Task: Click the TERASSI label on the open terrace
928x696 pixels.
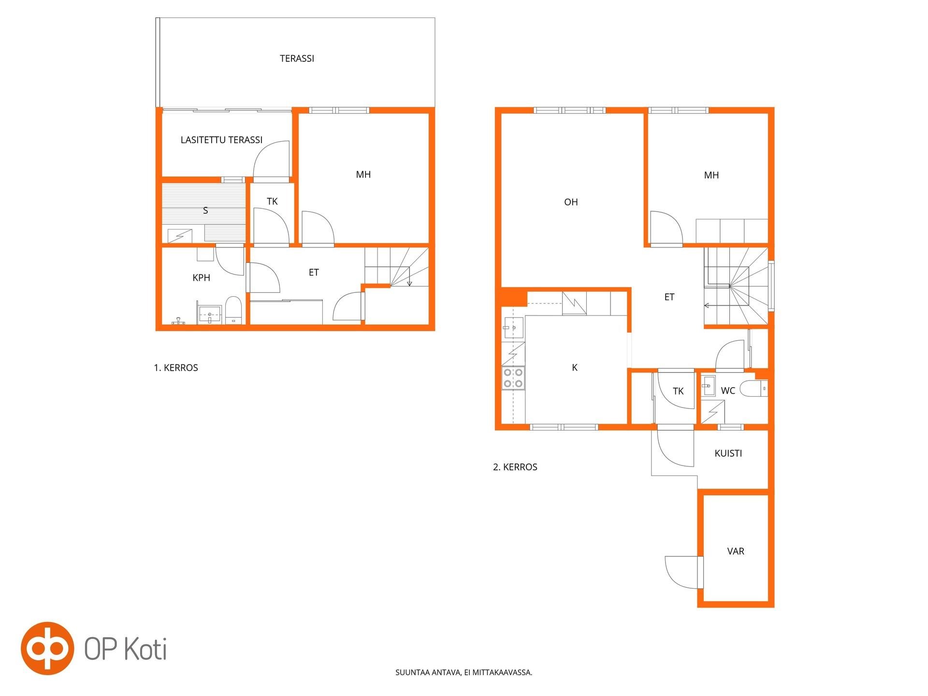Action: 297,58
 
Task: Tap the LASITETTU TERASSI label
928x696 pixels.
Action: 221,140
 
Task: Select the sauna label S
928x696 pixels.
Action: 205,211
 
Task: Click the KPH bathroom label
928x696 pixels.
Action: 201,278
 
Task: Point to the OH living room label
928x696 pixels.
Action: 571,202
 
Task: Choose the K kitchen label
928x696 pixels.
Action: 575,368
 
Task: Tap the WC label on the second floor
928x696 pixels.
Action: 728,391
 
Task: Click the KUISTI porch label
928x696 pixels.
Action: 728,453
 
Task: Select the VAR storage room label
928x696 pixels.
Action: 736,551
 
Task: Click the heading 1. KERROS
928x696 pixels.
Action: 176,368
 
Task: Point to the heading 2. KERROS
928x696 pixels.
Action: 515,467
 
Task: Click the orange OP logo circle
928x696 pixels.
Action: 47,648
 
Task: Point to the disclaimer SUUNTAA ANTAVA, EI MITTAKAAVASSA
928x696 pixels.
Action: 464,672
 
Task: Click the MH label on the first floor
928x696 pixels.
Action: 363,175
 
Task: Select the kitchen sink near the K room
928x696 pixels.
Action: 513,328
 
